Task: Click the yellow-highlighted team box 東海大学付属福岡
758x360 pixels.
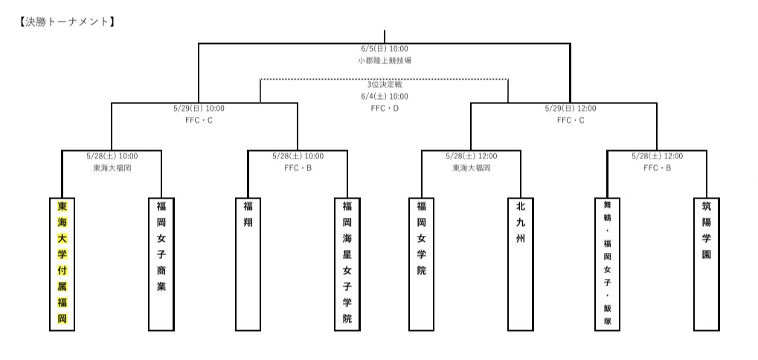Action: [x=62, y=263]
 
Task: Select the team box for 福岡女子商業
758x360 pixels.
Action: [x=161, y=263]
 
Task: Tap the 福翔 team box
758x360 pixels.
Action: [x=248, y=263]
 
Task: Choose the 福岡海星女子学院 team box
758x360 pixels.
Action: [x=347, y=263]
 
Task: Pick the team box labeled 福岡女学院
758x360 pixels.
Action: [x=421, y=263]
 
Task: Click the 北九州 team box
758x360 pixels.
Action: [x=520, y=263]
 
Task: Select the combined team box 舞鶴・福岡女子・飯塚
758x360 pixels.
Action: [x=607, y=263]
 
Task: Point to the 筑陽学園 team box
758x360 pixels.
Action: [x=706, y=263]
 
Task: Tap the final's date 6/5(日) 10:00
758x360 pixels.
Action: [x=384, y=48]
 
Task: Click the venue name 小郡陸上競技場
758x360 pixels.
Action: [x=384, y=60]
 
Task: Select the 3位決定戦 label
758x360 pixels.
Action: [x=384, y=85]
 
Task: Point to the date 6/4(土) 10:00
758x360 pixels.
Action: [x=384, y=97]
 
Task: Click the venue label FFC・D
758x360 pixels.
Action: [x=385, y=109]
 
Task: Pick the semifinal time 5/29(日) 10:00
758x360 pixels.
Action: [x=198, y=109]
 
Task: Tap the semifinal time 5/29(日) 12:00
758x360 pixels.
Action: [x=571, y=109]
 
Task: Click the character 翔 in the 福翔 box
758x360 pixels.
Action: [x=248, y=222]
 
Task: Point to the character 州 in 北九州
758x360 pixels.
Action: [x=520, y=238]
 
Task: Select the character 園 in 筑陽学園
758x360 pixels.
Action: [x=706, y=254]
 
